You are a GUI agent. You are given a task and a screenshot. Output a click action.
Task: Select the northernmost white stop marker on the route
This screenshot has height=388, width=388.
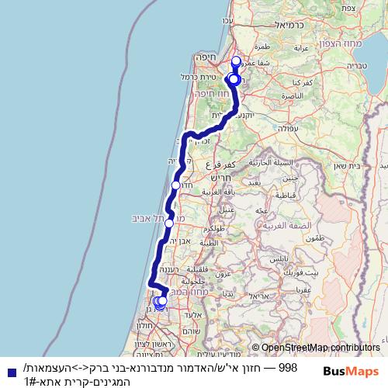coord(237,61)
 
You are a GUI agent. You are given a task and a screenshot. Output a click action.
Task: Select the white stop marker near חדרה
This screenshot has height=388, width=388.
coord(176,185)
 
